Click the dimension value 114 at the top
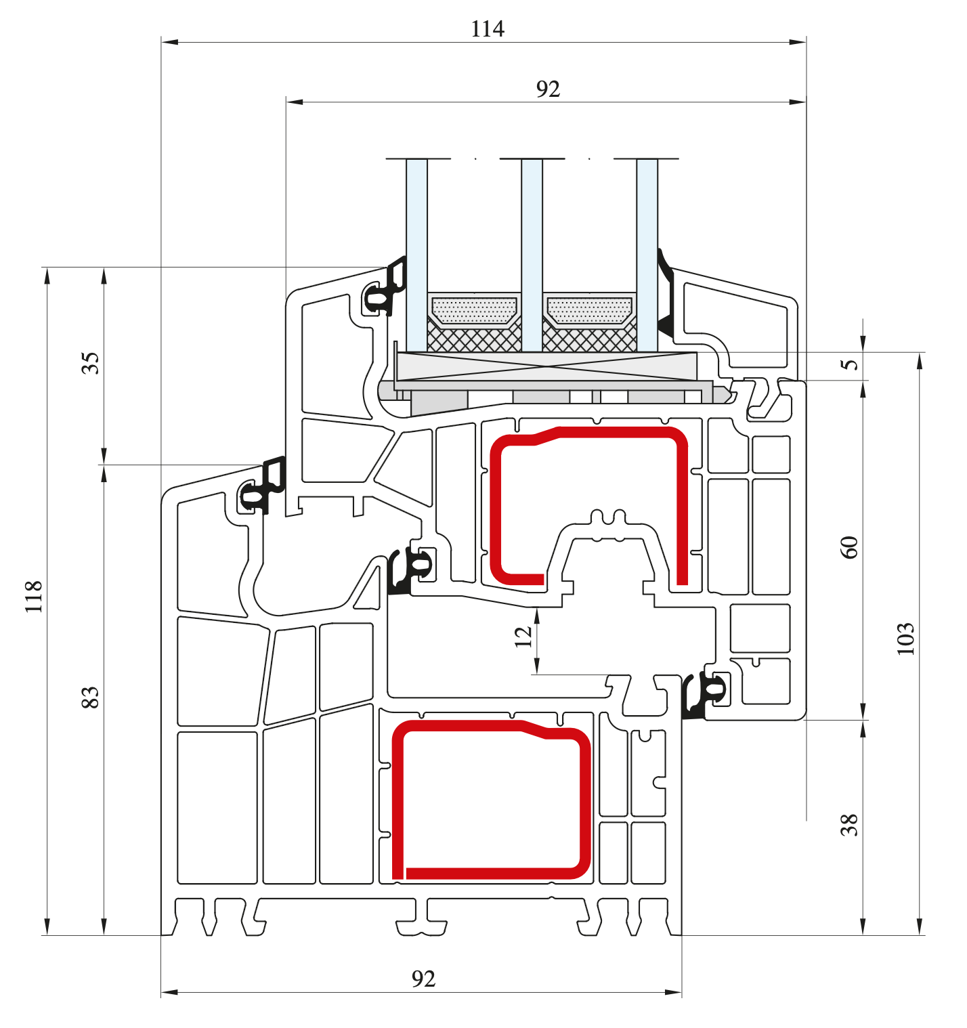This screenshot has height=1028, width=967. pos(488,29)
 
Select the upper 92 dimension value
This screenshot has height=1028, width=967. pos(548,89)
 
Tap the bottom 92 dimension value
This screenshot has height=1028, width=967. pos(423,979)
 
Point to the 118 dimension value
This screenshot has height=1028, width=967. pos(34,597)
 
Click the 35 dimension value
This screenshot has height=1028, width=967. pos(91,363)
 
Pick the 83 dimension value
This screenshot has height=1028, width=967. pos(91,698)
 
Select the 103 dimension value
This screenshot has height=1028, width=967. pos(905,639)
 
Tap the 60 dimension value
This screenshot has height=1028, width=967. pos(849,547)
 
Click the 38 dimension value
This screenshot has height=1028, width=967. pos(849,825)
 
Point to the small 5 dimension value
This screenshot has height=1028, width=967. pos(849,364)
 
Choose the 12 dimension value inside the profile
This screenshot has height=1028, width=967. pos(523,637)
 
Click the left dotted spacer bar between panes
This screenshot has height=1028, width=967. pos(474,312)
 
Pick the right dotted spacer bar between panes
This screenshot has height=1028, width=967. pos(589,312)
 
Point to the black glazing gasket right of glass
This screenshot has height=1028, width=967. pos(666,298)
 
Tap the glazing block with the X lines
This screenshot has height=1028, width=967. pos(546,366)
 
